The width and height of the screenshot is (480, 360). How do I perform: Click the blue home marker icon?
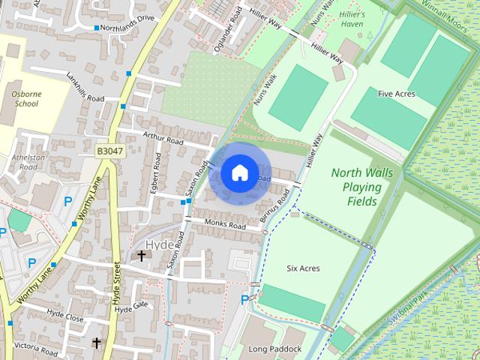tap(239, 173)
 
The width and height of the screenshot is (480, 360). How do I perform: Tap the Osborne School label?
tap(26, 99)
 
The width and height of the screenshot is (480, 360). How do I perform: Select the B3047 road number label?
tap(109, 151)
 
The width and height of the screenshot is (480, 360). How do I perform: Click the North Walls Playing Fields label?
tap(361, 187)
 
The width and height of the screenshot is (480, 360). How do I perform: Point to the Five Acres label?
tap(397, 94)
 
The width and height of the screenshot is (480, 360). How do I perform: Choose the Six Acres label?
tap(303, 268)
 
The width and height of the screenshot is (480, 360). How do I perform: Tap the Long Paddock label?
tap(275, 349)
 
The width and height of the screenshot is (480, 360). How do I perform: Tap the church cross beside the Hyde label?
tap(141, 256)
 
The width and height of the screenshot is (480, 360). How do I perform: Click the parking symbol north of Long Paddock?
tap(244, 300)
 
